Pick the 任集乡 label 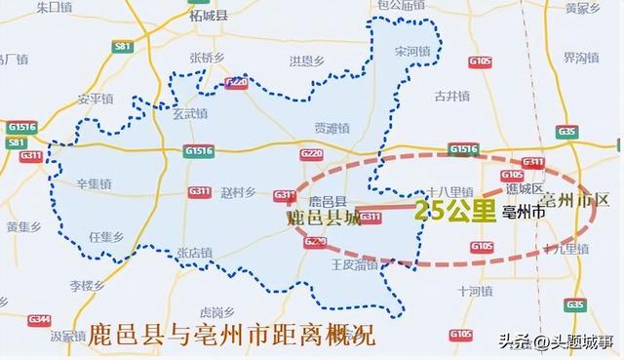click(104, 236)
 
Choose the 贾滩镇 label click(331, 128)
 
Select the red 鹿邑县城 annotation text click(325, 219)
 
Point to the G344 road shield click(39, 319)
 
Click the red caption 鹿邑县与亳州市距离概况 click(231, 335)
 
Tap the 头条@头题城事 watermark click(553, 340)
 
